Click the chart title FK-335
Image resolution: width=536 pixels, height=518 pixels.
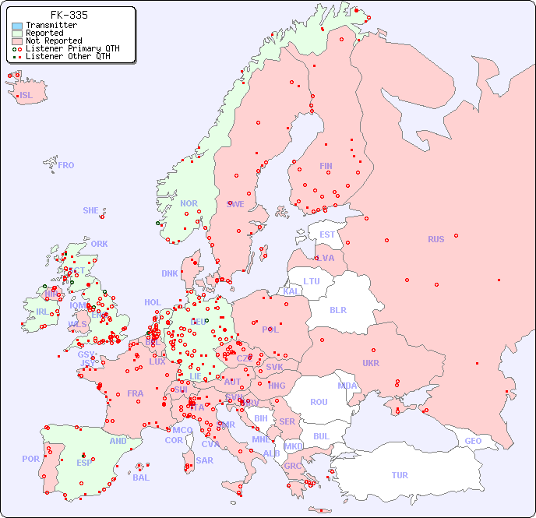point(69,15)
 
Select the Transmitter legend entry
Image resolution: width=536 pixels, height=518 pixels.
point(51,26)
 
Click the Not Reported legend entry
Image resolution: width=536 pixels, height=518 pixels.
point(53,41)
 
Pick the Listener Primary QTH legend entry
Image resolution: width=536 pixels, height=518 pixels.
point(72,48)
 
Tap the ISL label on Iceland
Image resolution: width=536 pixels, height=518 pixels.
point(26,96)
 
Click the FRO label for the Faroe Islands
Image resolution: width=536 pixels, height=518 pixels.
point(66,165)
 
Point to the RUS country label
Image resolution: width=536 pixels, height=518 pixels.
point(436,239)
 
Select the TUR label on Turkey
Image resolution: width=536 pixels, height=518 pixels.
point(400,475)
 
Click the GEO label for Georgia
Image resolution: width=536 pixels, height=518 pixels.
point(473,441)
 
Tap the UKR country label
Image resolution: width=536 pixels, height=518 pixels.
point(371,363)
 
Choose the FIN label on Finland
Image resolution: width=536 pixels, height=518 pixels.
point(326,166)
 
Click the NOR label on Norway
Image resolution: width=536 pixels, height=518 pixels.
point(189,203)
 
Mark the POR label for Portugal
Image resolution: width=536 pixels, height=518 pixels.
point(30,459)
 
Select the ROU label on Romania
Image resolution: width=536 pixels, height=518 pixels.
point(319,402)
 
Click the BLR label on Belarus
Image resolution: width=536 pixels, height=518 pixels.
point(337,309)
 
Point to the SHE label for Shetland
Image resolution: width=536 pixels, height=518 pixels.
point(91,210)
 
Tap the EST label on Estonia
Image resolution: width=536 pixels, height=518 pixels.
point(327,234)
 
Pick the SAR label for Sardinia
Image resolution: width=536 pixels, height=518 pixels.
point(205,460)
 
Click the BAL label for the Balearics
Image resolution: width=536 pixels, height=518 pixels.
point(140,477)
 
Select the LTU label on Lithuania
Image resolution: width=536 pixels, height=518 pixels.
point(312,281)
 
